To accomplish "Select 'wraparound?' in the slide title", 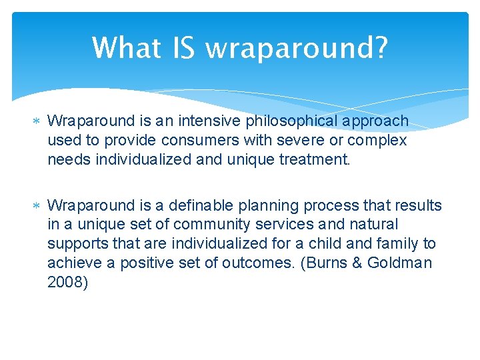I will (296, 48).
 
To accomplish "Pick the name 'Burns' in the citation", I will (326, 263).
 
